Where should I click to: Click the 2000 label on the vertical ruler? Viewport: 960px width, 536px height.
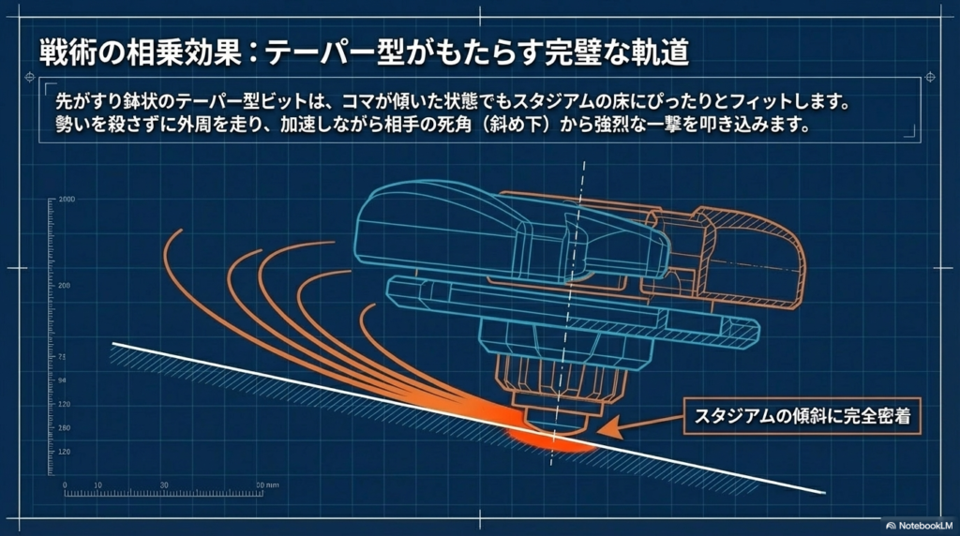67,200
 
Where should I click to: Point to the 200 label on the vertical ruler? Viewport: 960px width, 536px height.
65,285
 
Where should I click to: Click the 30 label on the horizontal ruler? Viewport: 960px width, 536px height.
164,484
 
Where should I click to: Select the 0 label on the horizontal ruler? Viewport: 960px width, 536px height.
65,484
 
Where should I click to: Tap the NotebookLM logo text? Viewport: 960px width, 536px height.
920,526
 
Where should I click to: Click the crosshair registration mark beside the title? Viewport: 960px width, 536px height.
927,77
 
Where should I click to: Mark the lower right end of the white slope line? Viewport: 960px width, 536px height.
823,492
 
